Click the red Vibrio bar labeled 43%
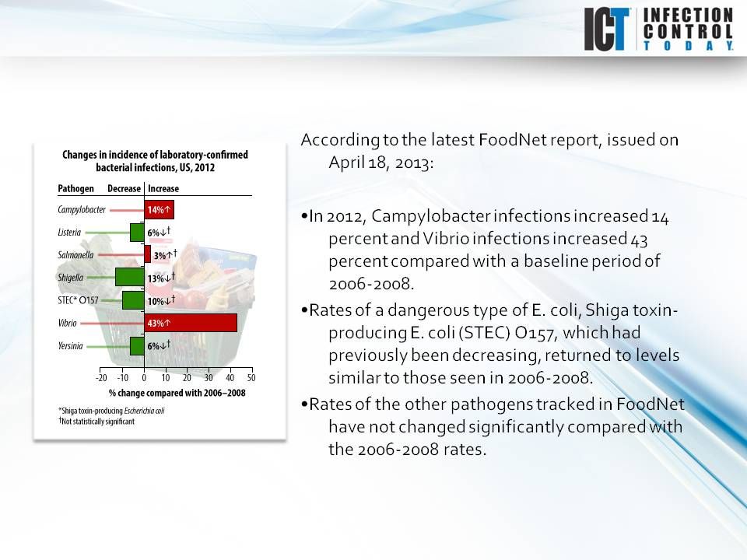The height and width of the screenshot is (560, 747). coord(190,322)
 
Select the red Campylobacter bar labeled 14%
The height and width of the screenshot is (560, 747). coord(158,209)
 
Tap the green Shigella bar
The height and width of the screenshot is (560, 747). coord(129,277)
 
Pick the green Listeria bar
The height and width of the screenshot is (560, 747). coord(137,232)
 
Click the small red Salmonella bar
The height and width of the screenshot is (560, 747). coord(148,254)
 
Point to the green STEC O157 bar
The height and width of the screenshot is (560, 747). coord(133,299)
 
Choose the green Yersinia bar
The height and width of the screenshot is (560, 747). coord(137,345)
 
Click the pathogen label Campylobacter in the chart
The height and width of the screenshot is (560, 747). coord(82,209)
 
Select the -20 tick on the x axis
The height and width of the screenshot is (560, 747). coord(101,378)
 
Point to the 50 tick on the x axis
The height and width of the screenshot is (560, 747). coord(251,378)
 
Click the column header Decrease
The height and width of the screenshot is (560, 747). coord(124,189)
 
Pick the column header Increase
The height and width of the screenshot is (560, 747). coord(163,189)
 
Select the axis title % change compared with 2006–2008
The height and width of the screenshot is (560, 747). coord(177,394)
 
